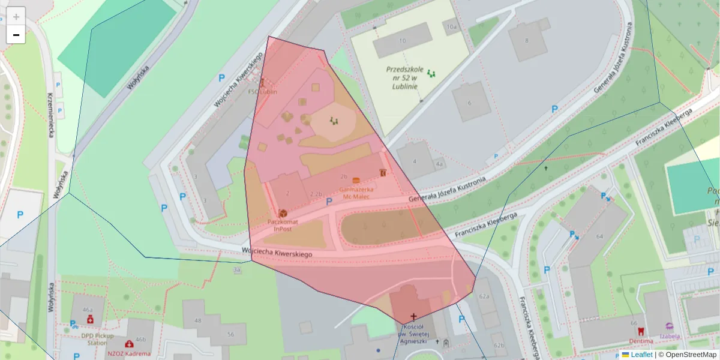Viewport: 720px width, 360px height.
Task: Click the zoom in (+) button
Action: [16, 17]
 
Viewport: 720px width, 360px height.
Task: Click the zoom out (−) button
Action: [16, 35]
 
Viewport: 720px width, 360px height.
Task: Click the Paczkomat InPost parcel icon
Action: [283, 213]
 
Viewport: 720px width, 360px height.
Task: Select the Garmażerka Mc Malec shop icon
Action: [356, 180]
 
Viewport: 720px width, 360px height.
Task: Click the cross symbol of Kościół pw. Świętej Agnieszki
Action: [413, 316]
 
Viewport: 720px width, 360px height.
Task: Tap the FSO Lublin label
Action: [262, 92]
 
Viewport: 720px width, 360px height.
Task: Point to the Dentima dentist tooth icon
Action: [641, 331]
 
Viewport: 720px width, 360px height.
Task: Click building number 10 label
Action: [402, 41]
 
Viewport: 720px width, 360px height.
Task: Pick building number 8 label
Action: [527, 40]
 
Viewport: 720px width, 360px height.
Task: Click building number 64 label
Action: [599, 236]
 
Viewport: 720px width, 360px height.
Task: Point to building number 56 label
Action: [230, 334]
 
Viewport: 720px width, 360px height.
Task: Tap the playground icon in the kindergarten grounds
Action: [431, 74]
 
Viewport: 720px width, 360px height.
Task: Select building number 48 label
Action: [197, 321]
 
